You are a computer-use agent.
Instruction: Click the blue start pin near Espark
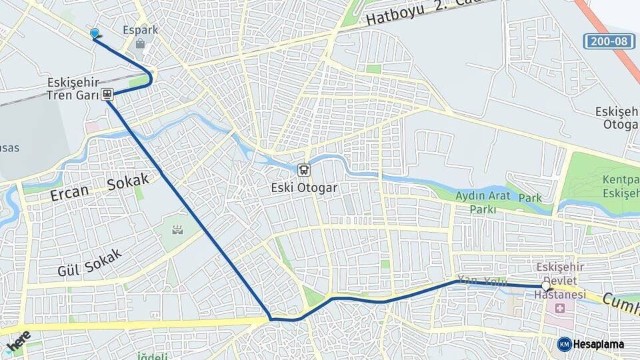click(95, 33)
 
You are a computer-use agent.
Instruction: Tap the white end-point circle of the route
click(546, 287)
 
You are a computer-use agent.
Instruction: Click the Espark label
click(139, 30)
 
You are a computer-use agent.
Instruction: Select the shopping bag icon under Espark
click(140, 44)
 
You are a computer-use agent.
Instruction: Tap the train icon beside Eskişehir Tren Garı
click(107, 95)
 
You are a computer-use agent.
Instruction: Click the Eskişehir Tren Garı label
click(73, 89)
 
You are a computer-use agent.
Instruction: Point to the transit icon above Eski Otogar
click(304, 169)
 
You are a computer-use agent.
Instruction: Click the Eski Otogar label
click(304, 188)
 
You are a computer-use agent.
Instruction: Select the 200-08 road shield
click(609, 41)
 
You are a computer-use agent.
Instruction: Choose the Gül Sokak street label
click(89, 263)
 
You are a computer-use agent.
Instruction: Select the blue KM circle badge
click(565, 345)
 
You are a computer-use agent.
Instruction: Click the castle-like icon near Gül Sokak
click(177, 231)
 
